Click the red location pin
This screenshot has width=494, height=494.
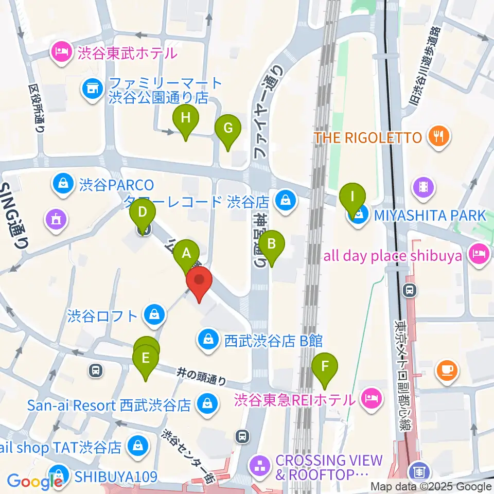[x=199, y=284]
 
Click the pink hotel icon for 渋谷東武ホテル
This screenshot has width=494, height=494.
[x=62, y=52]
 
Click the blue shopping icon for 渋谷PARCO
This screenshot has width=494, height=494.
[x=62, y=183]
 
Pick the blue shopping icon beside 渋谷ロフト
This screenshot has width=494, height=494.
[x=153, y=315]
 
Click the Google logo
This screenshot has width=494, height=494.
[x=34, y=482]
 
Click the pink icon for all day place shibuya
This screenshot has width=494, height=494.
[x=479, y=255]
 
